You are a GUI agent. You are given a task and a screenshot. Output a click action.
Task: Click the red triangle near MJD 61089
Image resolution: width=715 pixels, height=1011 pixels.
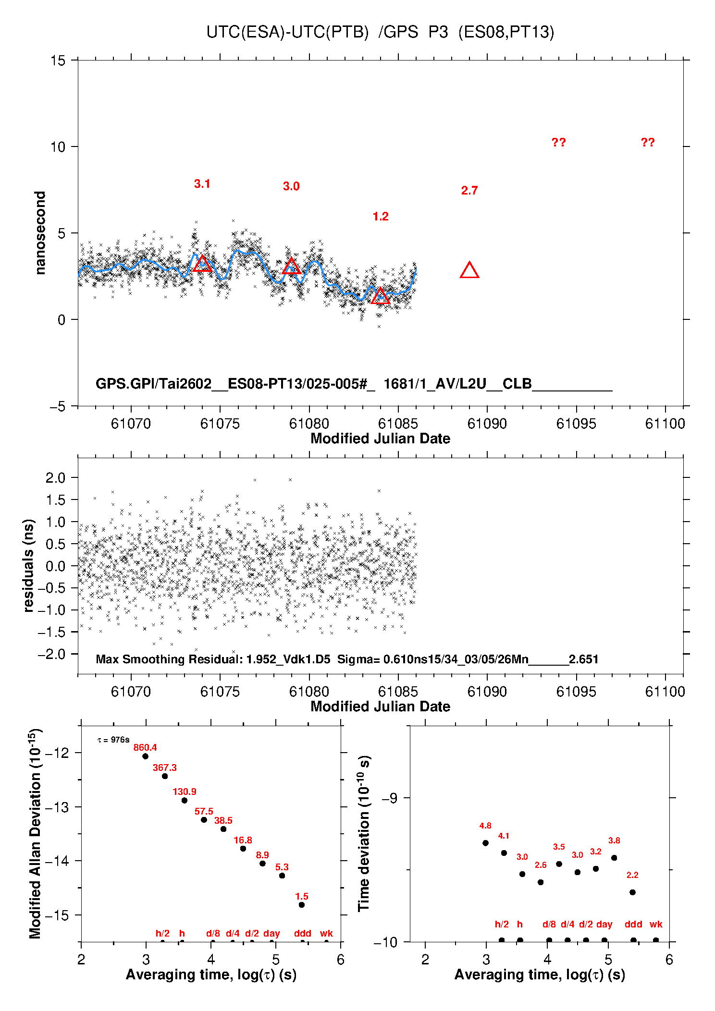[x=469, y=271]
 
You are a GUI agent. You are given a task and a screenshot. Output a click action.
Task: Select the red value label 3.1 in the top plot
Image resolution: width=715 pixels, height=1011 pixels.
[x=202, y=184]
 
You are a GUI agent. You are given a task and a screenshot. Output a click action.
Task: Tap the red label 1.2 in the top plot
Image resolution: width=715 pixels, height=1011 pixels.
[x=381, y=217]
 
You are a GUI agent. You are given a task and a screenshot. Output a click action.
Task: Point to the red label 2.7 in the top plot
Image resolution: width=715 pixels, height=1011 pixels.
[x=469, y=191]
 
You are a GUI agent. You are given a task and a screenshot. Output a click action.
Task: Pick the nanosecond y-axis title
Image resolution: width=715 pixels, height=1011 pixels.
[x=40, y=233]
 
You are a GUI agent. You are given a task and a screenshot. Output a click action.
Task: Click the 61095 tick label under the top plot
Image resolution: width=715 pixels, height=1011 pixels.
[x=576, y=424]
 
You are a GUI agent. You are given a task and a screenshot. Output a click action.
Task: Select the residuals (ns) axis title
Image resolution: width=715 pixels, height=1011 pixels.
[x=29, y=565]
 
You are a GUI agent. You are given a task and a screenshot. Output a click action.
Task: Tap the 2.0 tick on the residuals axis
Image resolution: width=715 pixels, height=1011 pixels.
[x=55, y=477]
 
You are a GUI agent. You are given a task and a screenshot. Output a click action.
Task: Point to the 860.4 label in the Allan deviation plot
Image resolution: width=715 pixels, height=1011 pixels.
[x=145, y=747]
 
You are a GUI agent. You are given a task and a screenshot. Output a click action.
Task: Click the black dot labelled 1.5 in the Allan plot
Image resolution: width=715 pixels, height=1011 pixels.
[x=302, y=905]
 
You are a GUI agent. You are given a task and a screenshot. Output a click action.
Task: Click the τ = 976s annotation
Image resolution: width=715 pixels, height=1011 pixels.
[x=113, y=740]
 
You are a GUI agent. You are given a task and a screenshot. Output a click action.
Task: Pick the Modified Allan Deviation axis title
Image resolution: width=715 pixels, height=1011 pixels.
[x=35, y=833]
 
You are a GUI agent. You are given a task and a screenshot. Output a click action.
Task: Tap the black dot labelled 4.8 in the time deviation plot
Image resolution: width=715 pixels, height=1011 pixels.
[x=485, y=843]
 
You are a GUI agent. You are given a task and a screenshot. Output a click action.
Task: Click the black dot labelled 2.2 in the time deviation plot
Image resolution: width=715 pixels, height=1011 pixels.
[x=632, y=892]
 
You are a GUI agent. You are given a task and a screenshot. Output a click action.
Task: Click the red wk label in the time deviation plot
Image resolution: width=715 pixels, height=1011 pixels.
[x=656, y=924]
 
